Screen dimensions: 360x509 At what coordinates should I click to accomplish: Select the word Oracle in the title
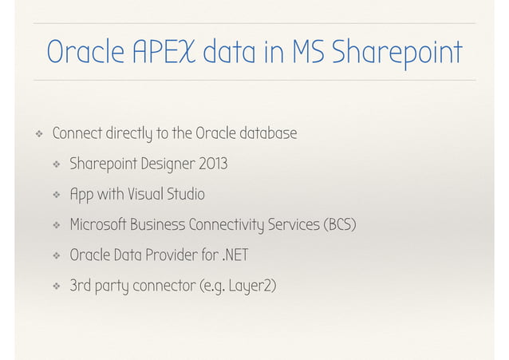tap(85, 53)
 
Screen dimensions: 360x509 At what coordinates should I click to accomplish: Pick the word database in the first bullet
tap(266, 133)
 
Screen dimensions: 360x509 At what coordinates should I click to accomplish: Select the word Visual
tap(142, 195)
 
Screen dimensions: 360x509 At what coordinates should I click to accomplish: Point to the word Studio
tap(186, 195)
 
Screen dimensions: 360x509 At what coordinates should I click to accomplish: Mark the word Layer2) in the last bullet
tap(253, 286)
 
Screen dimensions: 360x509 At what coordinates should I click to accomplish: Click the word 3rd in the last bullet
tap(80, 286)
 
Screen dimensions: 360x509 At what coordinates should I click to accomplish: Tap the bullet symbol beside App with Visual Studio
tap(55, 195)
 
